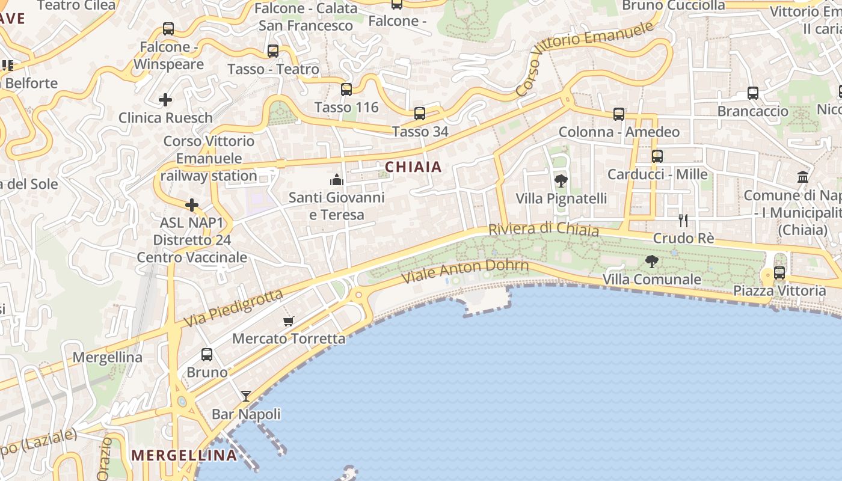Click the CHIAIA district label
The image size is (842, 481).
(x=413, y=167)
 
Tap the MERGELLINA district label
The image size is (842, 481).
(x=184, y=455)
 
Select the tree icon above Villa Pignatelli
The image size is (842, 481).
(x=561, y=180)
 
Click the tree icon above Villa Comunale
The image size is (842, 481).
(x=651, y=261)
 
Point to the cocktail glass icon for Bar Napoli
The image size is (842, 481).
(x=246, y=396)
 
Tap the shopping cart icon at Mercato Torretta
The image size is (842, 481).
(x=289, y=321)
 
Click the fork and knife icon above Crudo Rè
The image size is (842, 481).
(x=683, y=220)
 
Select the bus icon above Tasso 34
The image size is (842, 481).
(x=420, y=114)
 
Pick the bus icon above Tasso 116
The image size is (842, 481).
(x=346, y=90)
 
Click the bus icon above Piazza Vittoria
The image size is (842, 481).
(x=779, y=273)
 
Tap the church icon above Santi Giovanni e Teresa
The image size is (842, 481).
(x=336, y=180)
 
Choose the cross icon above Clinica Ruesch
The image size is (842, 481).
(x=165, y=99)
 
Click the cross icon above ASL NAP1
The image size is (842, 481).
(x=192, y=206)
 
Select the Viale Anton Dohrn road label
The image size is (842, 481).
(x=465, y=270)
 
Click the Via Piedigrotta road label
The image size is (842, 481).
(x=233, y=308)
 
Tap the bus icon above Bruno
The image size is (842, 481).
(x=207, y=355)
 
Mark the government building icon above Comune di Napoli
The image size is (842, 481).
(x=803, y=177)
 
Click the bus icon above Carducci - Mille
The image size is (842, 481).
(x=657, y=156)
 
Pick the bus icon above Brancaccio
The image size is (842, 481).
(x=753, y=93)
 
